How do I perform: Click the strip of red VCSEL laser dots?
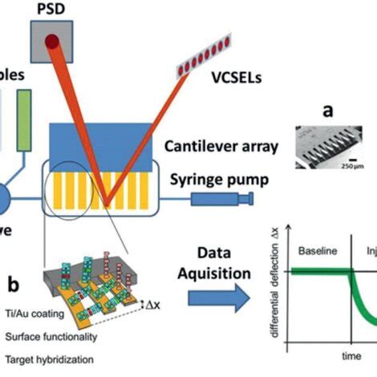point(210,59)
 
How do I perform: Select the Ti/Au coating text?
point(31,318)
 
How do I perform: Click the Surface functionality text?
point(47,338)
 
